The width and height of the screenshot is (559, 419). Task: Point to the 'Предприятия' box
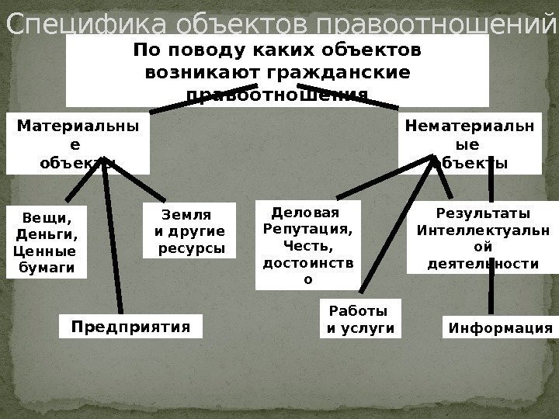pyautogui.click(x=130, y=326)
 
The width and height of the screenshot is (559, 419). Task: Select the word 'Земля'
pyautogui.click(x=186, y=215)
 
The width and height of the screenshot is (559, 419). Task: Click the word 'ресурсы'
pyautogui.click(x=191, y=249)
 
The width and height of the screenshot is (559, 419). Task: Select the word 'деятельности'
pyautogui.click(x=483, y=264)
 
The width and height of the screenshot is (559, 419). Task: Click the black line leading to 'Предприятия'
pyautogui.click(x=113, y=241)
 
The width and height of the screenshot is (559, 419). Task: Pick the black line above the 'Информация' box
pyautogui.click(x=491, y=295)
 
